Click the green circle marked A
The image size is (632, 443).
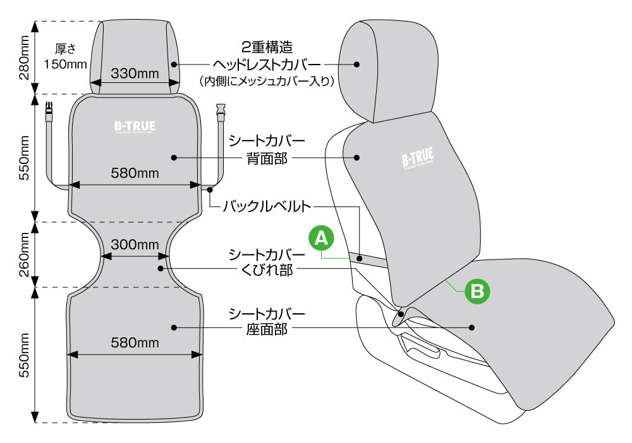pos(321,239)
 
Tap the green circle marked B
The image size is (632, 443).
pos(478,291)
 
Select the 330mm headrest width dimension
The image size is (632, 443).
pos(135,73)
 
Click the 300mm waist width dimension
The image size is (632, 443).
pos(135,245)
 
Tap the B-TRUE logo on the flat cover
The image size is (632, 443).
pos(135,127)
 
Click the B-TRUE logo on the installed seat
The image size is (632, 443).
pos(417,159)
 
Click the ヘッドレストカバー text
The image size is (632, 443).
pos(267,64)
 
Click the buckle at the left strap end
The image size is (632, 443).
pos(49,116)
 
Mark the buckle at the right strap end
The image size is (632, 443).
pos(221,115)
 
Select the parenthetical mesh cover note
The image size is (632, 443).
pos(267,81)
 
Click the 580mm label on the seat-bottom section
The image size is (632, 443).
pos(135,344)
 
